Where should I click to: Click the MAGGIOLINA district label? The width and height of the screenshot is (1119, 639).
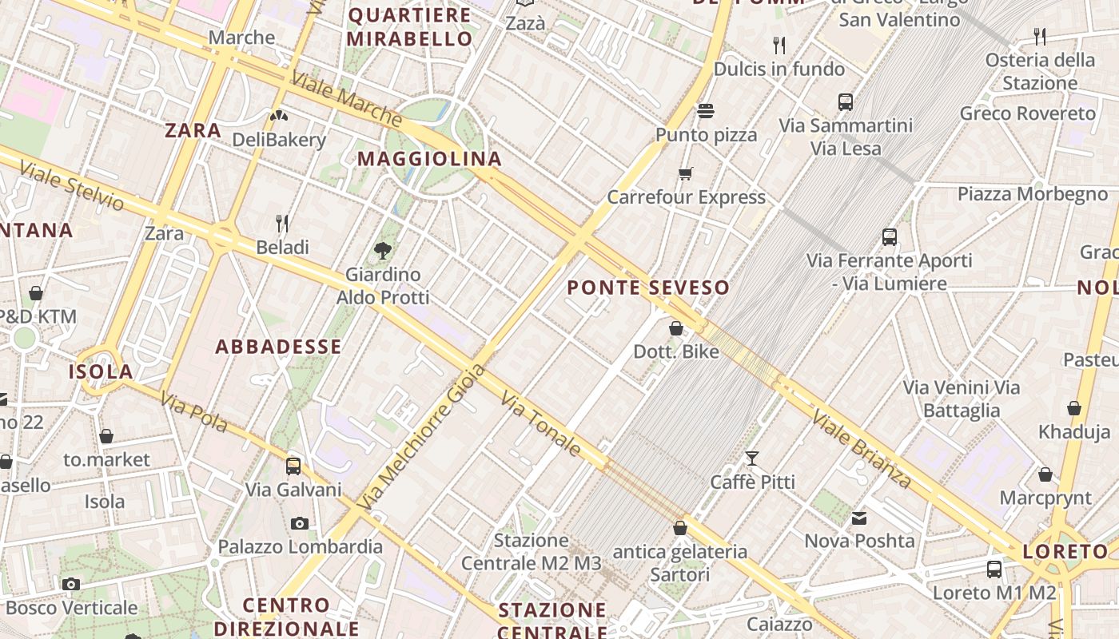pyautogui.click(x=429, y=159)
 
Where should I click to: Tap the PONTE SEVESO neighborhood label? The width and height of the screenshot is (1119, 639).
pyautogui.click(x=648, y=288)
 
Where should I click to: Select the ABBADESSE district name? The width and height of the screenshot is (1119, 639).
pyautogui.click(x=279, y=347)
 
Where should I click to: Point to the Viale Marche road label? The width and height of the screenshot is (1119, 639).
pyautogui.click(x=346, y=99)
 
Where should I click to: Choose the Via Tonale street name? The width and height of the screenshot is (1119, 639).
pyautogui.click(x=541, y=423)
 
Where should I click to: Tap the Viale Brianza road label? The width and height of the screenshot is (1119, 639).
pyautogui.click(x=862, y=448)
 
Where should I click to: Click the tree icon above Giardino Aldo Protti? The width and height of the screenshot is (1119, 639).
pyautogui.click(x=383, y=251)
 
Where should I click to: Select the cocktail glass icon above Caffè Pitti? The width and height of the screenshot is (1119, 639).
pyautogui.click(x=751, y=458)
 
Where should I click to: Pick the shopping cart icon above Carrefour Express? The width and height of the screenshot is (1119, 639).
pyautogui.click(x=685, y=173)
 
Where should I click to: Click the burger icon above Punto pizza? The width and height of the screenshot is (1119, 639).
pyautogui.click(x=705, y=111)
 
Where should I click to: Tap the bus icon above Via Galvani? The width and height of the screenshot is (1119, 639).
pyautogui.click(x=293, y=466)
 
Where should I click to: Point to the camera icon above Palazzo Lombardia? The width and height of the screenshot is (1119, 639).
pyautogui.click(x=300, y=523)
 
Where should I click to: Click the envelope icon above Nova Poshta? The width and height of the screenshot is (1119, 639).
pyautogui.click(x=859, y=518)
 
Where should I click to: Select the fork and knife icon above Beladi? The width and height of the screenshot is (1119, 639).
pyautogui.click(x=282, y=223)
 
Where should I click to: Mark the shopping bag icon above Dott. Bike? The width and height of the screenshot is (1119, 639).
pyautogui.click(x=676, y=328)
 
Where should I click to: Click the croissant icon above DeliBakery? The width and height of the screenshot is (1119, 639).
pyautogui.click(x=279, y=117)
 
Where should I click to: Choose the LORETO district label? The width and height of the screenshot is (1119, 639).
pyautogui.click(x=1065, y=551)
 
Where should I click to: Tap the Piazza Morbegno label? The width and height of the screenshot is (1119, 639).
pyautogui.click(x=1033, y=194)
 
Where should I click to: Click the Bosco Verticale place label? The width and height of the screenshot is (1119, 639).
pyautogui.click(x=71, y=608)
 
